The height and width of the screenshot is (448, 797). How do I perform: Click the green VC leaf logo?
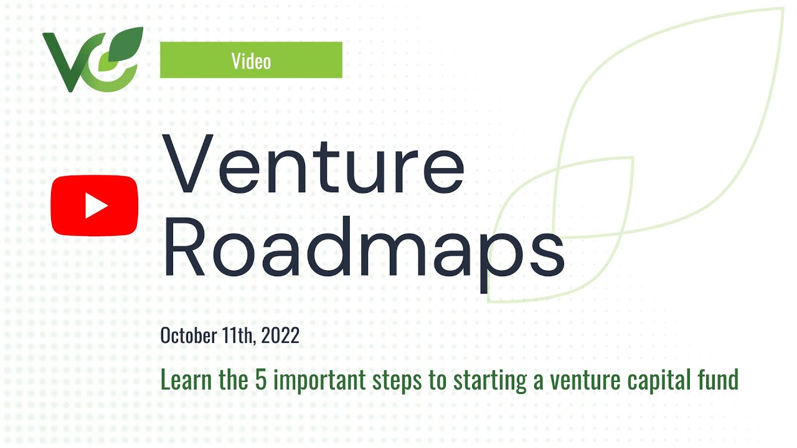coord(92,60)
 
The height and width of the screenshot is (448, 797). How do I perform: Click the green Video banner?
coord(251,60)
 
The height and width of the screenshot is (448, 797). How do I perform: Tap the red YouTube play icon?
coord(94,206)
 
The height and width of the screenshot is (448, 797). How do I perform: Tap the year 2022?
coord(280,336)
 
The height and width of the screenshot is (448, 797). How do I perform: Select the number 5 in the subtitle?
coord(261,380)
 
